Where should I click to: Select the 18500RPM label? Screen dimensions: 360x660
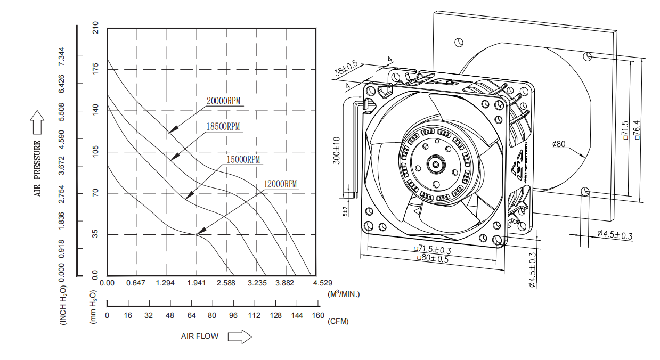pos(223,127)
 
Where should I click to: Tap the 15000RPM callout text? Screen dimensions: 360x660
pos(242,159)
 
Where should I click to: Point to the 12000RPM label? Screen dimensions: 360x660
pos(280,184)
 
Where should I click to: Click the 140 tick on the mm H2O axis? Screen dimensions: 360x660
pos(96,111)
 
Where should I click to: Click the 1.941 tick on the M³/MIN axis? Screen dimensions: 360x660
pos(196,283)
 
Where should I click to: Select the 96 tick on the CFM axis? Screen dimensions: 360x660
pos(233,316)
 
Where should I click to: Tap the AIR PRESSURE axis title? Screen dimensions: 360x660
pos(38,168)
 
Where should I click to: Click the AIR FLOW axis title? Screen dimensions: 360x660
pos(200,337)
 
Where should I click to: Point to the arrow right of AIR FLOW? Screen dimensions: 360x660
pos(239,337)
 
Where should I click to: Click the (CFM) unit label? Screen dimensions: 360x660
pos(339,322)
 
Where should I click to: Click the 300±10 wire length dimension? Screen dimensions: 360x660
pos(337,151)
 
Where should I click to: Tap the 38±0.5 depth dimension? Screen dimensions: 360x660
pos(346,69)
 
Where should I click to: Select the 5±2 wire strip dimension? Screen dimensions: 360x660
pos(346,211)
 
